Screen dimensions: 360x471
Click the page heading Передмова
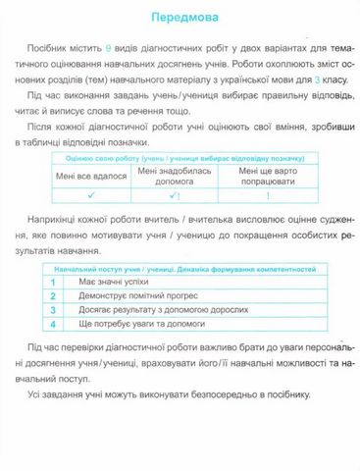(x=180, y=18)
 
